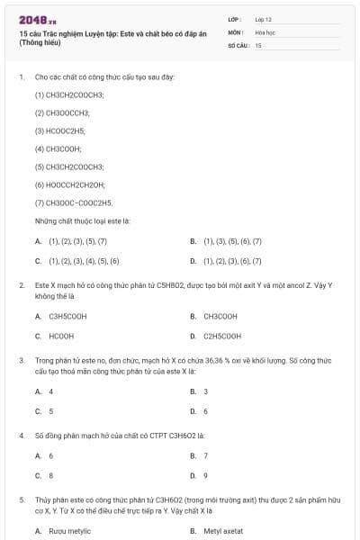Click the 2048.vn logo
(x=37, y=20)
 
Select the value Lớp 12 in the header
(x=263, y=18)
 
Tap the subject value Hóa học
(x=265, y=31)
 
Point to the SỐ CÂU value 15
(x=258, y=44)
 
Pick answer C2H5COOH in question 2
(x=222, y=336)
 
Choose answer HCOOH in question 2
(x=61, y=336)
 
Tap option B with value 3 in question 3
(x=206, y=391)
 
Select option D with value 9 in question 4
(x=206, y=475)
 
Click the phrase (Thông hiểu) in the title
(x=42, y=42)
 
